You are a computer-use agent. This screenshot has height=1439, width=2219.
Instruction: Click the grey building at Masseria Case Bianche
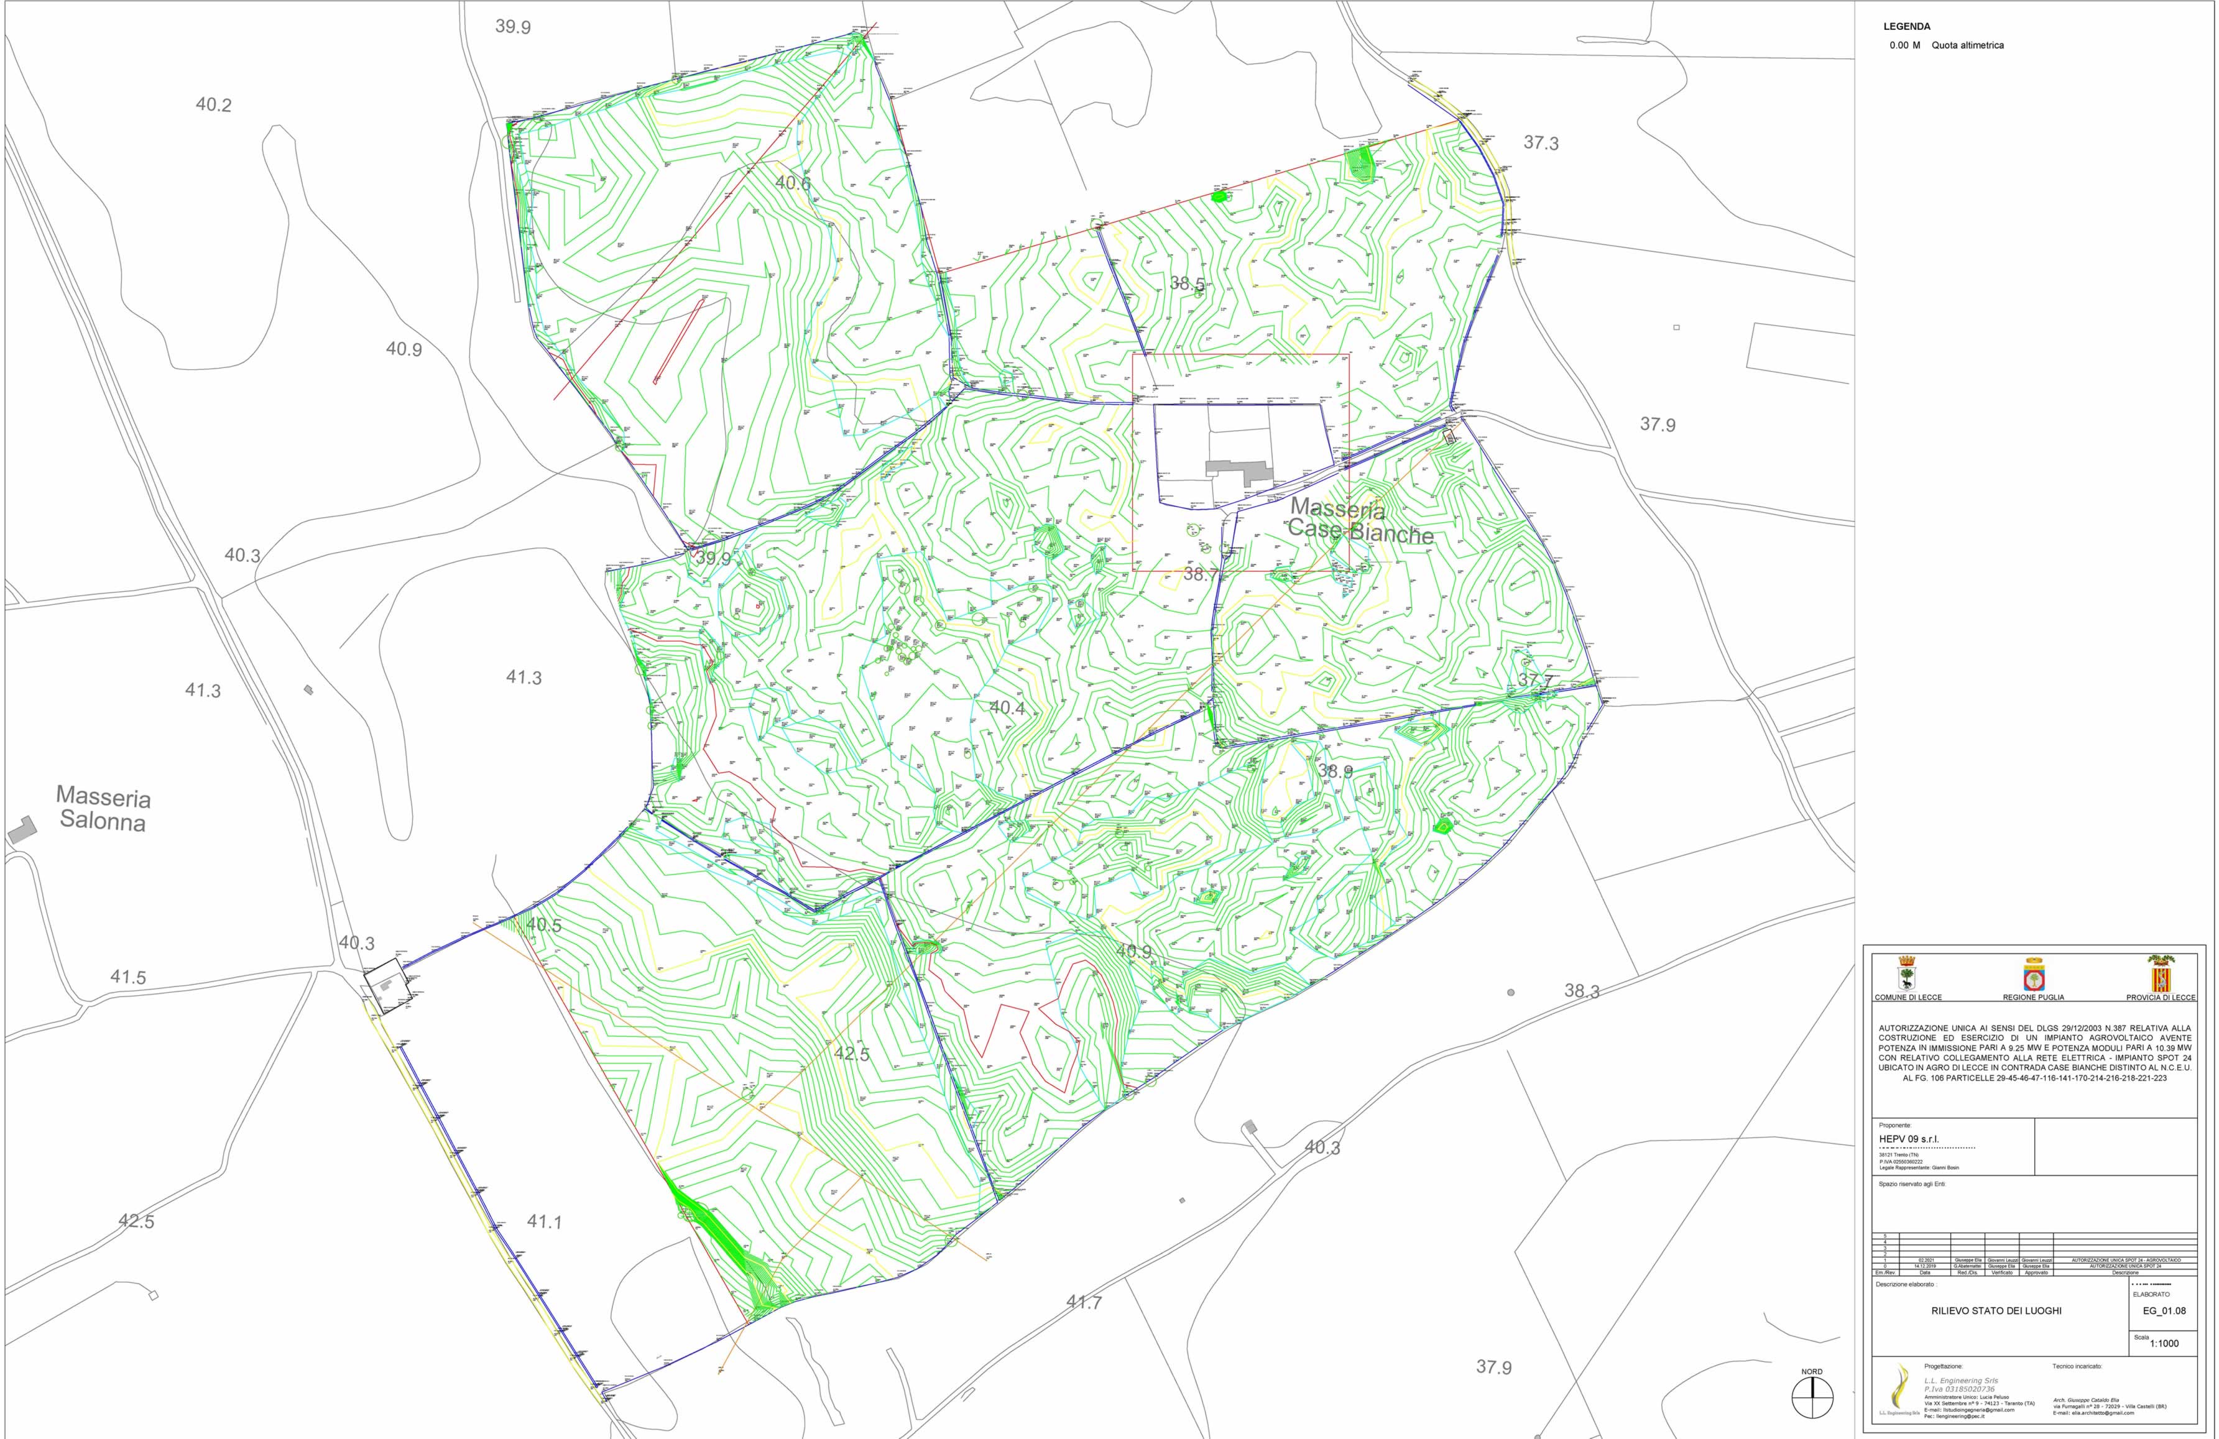pyautogui.click(x=1240, y=469)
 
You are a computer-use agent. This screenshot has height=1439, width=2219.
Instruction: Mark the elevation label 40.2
pyautogui.click(x=213, y=105)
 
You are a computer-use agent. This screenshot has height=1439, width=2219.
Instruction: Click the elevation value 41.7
pyautogui.click(x=1084, y=1302)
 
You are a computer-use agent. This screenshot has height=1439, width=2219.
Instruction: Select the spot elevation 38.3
pyautogui.click(x=1581, y=991)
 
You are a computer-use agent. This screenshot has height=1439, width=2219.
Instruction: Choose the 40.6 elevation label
pyautogui.click(x=793, y=183)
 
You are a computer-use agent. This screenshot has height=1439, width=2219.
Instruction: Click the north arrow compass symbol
pyautogui.click(x=1812, y=1398)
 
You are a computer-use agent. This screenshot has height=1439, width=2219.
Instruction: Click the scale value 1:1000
pyautogui.click(x=2164, y=1344)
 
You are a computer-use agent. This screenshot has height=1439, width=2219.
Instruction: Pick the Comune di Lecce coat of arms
pyautogui.click(x=1908, y=975)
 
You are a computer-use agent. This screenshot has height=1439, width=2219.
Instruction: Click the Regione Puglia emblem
pyautogui.click(x=2032, y=975)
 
